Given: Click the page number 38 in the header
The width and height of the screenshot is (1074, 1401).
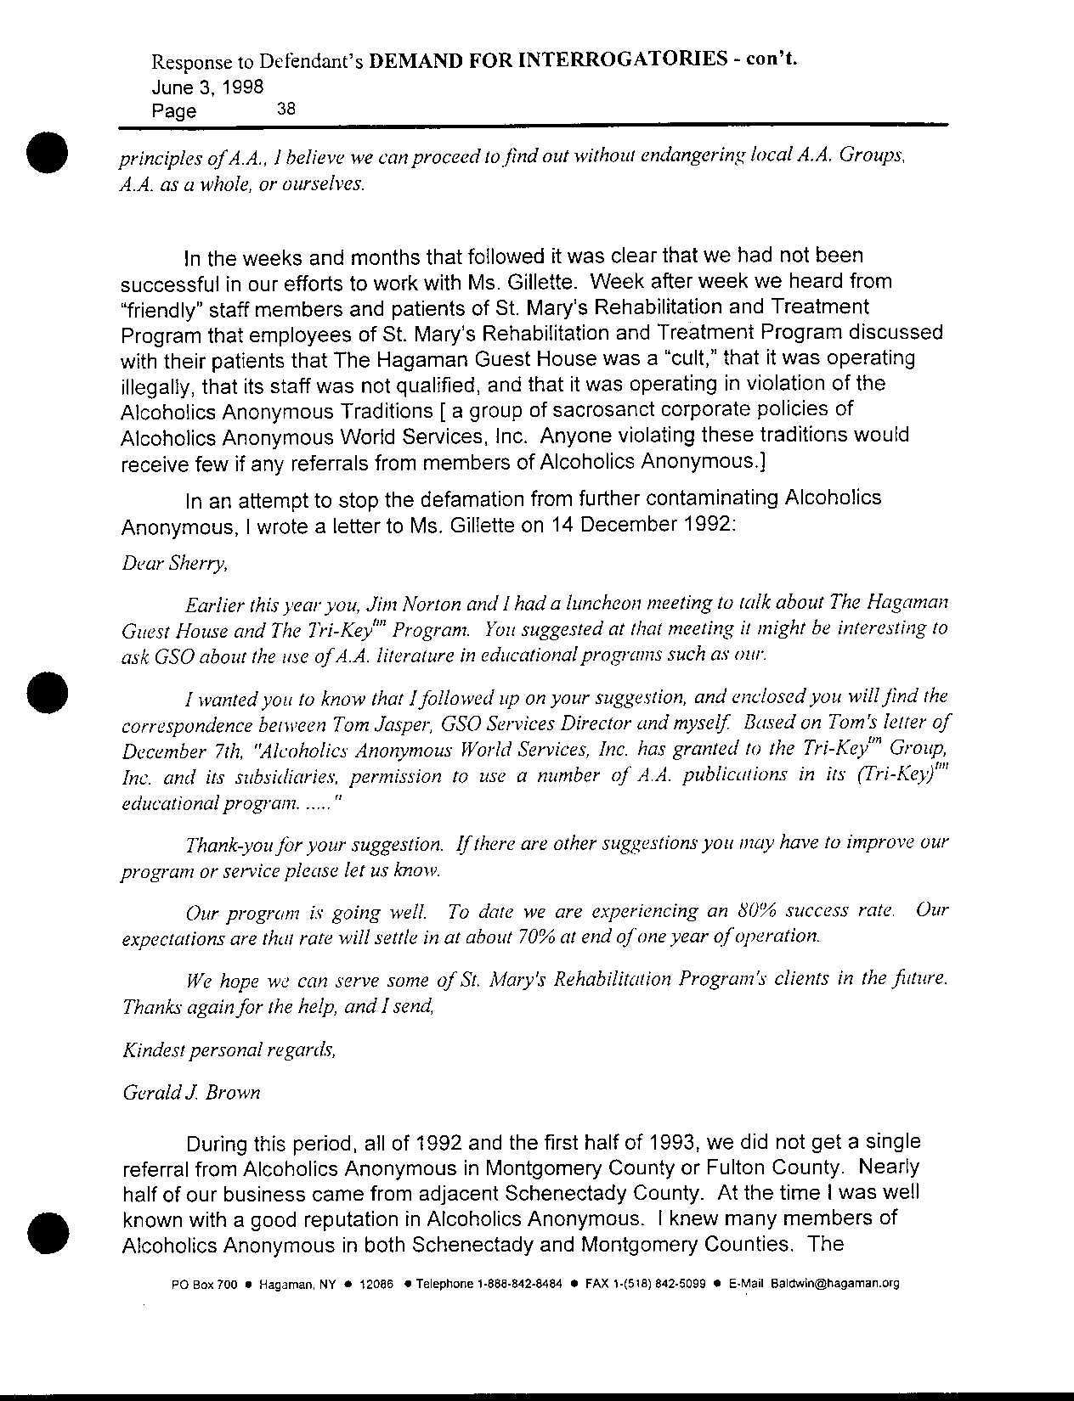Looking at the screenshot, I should point(285,109).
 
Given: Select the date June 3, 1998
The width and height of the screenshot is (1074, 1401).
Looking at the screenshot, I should point(207,87).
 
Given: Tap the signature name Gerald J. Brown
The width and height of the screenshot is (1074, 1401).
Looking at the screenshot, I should point(191,1093).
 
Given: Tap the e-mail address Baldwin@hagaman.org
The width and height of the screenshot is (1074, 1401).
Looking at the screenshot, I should point(834,1284).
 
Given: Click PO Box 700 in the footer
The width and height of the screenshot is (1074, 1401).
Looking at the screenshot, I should point(204,1284).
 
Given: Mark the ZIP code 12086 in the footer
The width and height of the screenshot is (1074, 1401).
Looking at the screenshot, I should point(376,1284).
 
